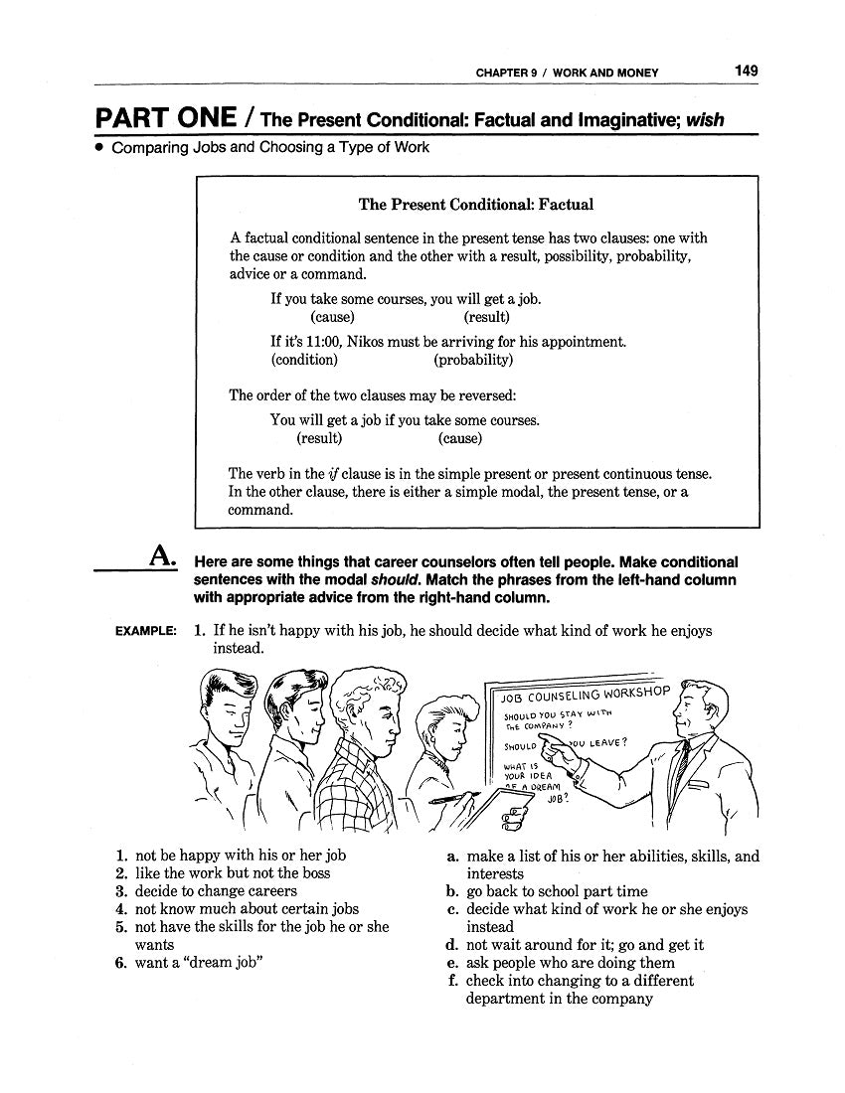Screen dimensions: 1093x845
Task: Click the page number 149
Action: (746, 71)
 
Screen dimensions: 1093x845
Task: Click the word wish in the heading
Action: (704, 120)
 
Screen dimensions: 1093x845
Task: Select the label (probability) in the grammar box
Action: (473, 360)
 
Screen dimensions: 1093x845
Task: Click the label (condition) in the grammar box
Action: (304, 360)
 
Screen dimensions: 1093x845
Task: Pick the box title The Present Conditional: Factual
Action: (475, 205)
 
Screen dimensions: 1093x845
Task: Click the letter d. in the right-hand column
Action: (451, 945)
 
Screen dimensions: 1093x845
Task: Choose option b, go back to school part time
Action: (556, 891)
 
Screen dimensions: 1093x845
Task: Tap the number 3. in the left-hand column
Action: (121, 891)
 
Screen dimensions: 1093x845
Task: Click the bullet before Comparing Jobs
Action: (99, 148)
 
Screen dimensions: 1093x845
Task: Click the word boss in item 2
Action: (315, 873)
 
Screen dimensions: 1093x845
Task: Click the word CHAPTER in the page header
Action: (503, 73)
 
